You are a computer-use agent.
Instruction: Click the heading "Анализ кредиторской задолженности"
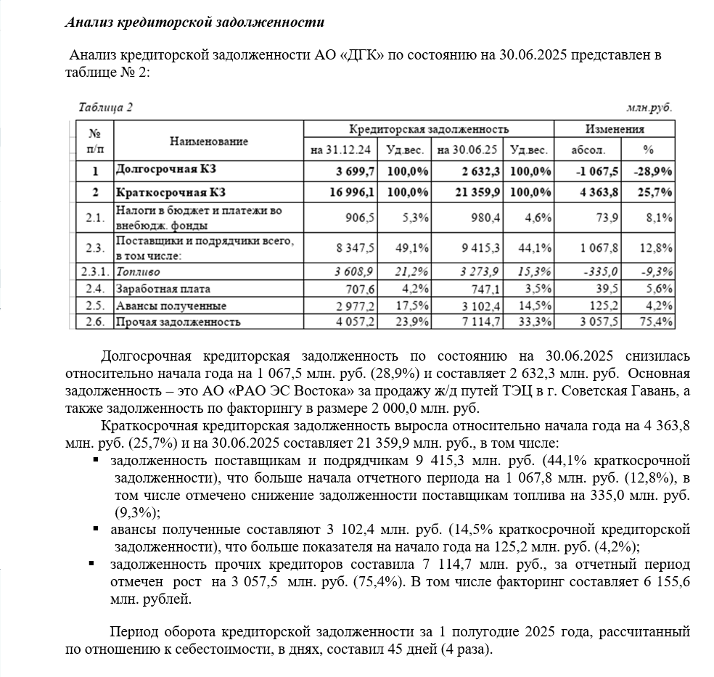tap(194, 22)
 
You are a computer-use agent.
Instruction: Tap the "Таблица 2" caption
tap(106, 107)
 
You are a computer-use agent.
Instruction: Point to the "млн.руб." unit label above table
tap(649, 107)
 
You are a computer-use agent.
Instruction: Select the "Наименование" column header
tap(209, 141)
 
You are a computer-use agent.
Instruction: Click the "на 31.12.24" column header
tap(340, 150)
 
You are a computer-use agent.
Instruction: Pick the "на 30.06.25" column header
tap(467, 150)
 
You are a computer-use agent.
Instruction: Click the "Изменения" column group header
tap(615, 129)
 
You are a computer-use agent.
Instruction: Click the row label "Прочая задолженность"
tap(178, 321)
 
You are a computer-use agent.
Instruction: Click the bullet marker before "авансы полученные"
tap(92, 529)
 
